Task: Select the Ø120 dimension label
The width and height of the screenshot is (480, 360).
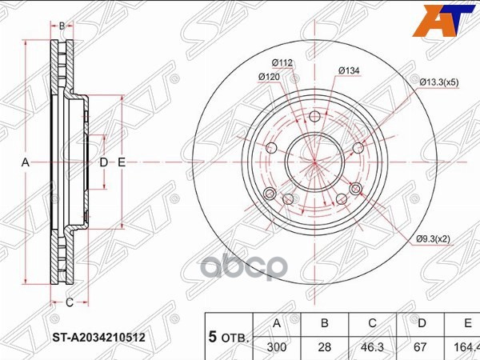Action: coord(268,77)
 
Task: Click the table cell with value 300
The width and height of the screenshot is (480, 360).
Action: coord(277,347)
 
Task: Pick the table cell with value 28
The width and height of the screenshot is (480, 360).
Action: coord(324,347)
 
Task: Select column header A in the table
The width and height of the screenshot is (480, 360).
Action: coord(277,324)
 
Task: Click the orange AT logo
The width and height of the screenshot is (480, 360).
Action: coord(449,21)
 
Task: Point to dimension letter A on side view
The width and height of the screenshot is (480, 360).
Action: coord(25,162)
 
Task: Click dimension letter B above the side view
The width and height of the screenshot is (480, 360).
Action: coord(62,26)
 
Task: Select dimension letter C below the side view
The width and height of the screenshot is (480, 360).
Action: coord(69,302)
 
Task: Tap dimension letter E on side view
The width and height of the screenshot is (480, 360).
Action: coord(122,162)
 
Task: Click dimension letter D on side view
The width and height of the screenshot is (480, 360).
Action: coord(103,162)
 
